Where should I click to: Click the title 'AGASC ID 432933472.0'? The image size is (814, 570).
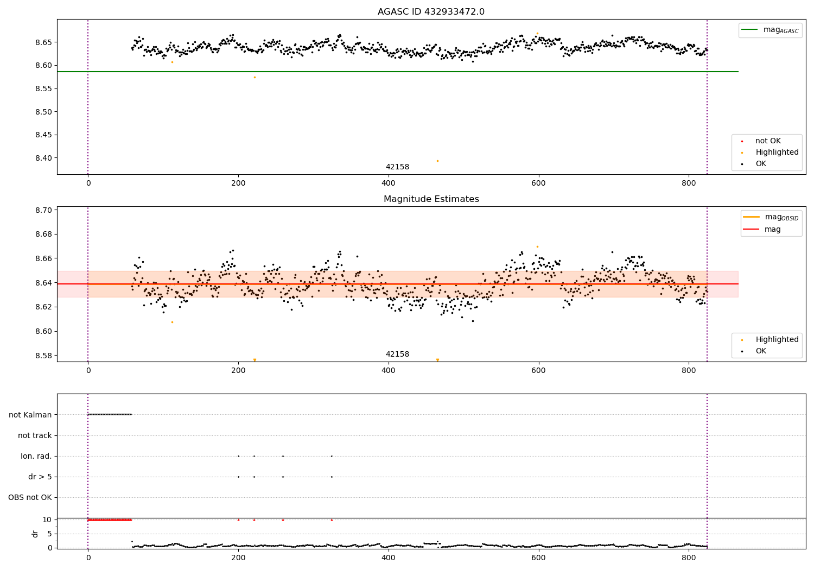[431, 12]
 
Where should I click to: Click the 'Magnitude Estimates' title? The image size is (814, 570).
[431, 199]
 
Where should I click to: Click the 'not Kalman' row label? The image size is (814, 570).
[30, 415]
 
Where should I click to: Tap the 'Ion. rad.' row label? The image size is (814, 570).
[36, 456]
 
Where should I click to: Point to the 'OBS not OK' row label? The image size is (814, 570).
[30, 497]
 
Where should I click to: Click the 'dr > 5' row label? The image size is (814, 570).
[40, 477]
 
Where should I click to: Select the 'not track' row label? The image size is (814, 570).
[35, 435]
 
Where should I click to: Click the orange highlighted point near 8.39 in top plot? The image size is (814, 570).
[437, 161]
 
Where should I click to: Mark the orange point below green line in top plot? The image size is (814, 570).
[255, 77]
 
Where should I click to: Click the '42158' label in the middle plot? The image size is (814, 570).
[397, 354]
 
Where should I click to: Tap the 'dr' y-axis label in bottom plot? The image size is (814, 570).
[35, 534]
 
